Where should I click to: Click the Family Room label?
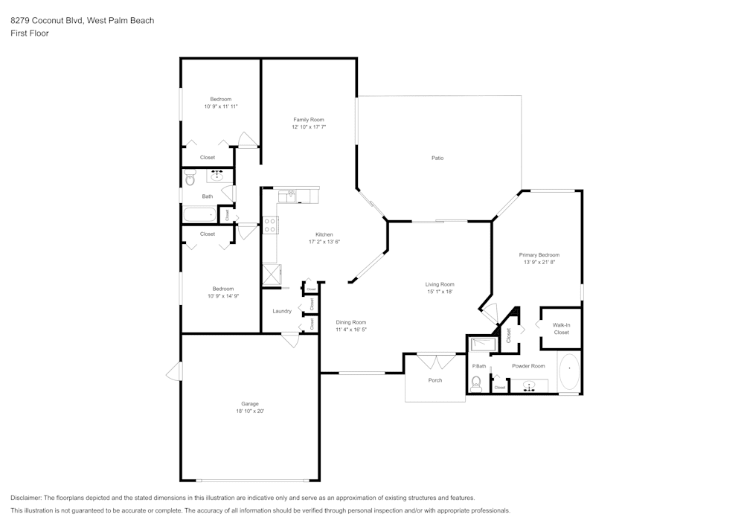pyautogui.click(x=309, y=120)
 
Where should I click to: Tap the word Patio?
pyautogui.click(x=437, y=158)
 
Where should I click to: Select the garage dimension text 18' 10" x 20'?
pyautogui.click(x=250, y=411)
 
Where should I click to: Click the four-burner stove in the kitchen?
pyautogui.click(x=270, y=225)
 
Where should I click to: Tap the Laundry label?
pyautogui.click(x=282, y=311)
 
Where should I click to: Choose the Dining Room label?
pyautogui.click(x=350, y=322)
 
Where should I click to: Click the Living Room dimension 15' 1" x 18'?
pyautogui.click(x=440, y=292)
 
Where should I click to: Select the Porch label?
pyautogui.click(x=435, y=380)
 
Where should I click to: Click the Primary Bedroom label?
pyautogui.click(x=539, y=254)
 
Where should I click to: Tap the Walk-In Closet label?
pyautogui.click(x=561, y=328)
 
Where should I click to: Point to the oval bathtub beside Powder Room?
pyautogui.click(x=568, y=373)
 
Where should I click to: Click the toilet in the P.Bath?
pyautogui.click(x=477, y=383)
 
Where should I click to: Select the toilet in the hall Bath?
pyautogui.click(x=190, y=178)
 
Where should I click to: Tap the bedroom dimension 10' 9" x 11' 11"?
pyautogui.click(x=221, y=106)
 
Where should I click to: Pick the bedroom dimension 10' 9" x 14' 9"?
pyautogui.click(x=222, y=296)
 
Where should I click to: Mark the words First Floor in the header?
pyautogui.click(x=30, y=33)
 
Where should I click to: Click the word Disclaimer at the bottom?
pyautogui.click(x=26, y=498)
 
